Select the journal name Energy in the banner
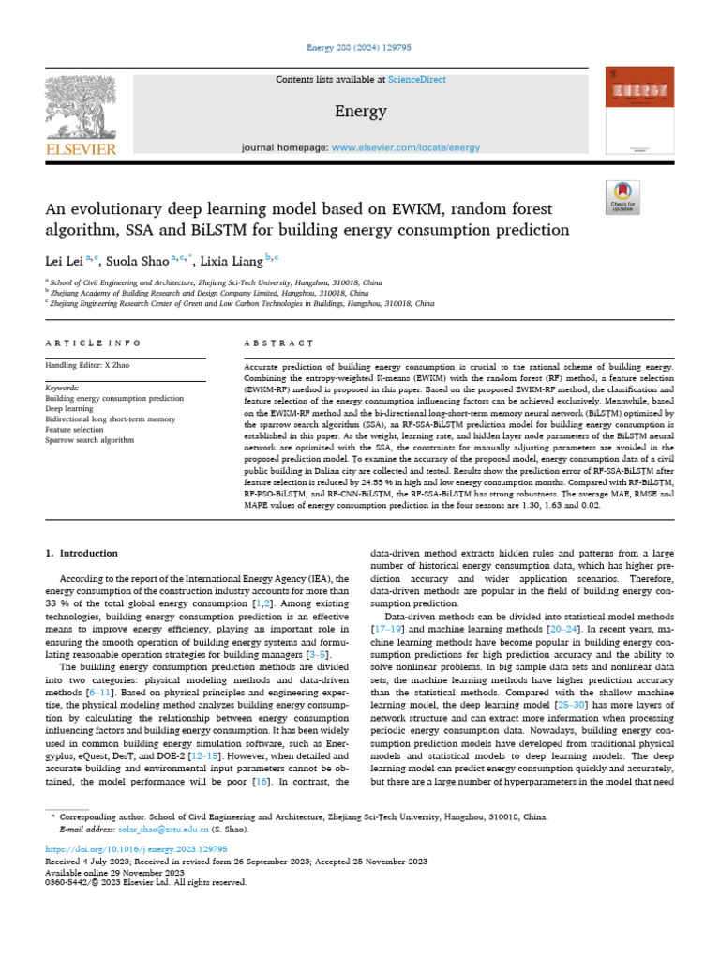pyautogui.click(x=360, y=112)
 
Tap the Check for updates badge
pyautogui.click(x=622, y=196)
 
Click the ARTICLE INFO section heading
pyautogui.click(x=94, y=343)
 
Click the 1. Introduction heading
pyautogui.click(x=82, y=554)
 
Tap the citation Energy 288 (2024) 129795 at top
pyautogui.click(x=360, y=47)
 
